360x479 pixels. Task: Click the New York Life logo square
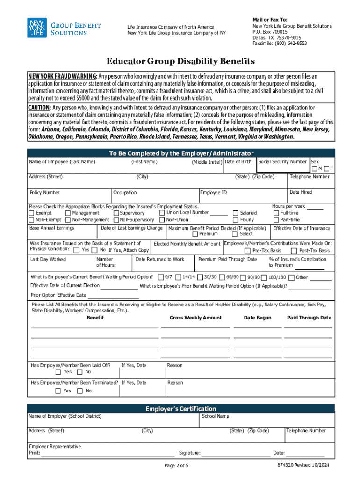point(36,29)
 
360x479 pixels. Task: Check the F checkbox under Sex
point(326,168)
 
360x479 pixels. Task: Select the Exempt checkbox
point(32,213)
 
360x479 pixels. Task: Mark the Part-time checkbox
point(276,220)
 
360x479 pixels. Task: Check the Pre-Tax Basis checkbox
point(248,250)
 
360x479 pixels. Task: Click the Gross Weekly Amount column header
point(195,318)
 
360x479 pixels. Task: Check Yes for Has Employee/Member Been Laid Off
point(58,372)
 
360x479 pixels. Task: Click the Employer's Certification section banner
point(180,409)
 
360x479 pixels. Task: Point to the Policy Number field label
point(45,193)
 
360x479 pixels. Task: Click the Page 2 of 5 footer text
point(176,465)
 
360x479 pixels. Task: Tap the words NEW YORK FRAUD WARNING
point(63,76)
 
